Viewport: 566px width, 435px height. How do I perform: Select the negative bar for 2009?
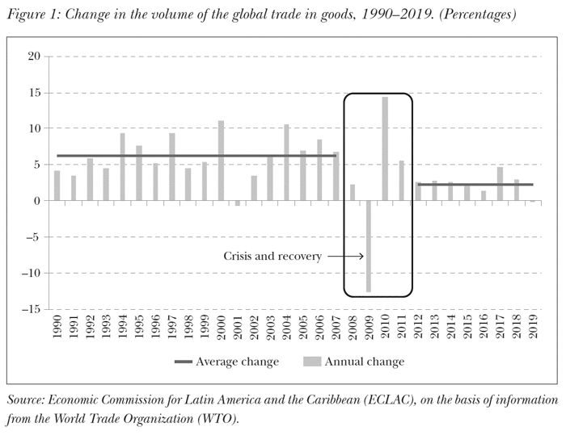[369, 246]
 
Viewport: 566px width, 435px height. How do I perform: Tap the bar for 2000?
[221, 161]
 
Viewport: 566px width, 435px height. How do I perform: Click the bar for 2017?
[501, 184]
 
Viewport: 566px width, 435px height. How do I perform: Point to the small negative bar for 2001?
[238, 203]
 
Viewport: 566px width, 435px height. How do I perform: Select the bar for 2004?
[287, 162]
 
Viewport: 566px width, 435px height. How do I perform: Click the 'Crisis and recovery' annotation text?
[272, 257]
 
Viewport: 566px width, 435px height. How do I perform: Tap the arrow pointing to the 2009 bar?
[344, 257]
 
